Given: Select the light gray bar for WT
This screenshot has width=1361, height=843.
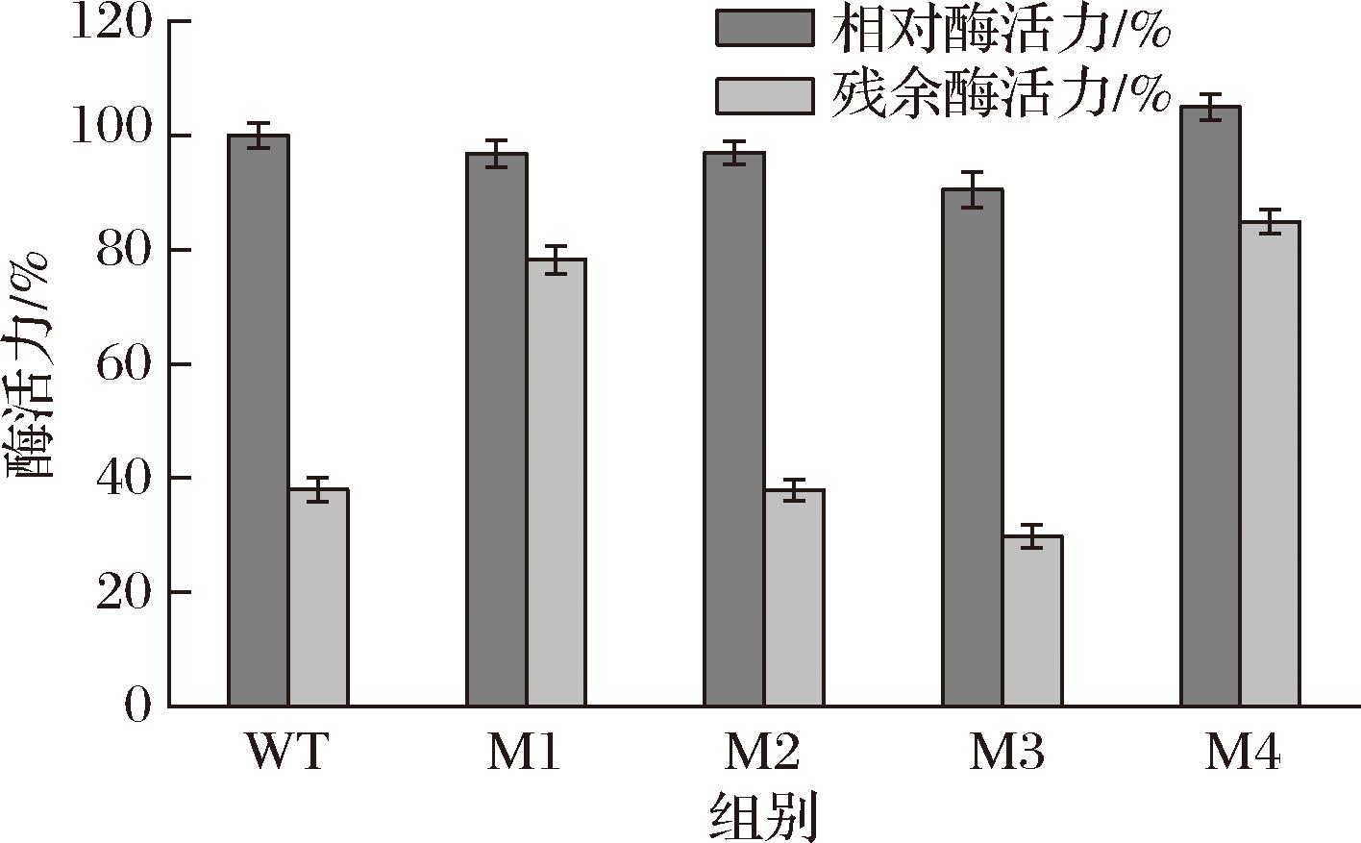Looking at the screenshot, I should pyautogui.click(x=318, y=597).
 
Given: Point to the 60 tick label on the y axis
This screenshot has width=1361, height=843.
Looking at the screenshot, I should pyautogui.click(x=124, y=364).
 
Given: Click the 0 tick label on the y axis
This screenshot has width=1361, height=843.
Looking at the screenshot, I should pyautogui.click(x=138, y=707).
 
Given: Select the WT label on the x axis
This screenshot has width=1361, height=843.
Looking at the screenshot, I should pyautogui.click(x=287, y=754).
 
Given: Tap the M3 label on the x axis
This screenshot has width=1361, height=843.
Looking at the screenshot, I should pyautogui.click(x=1005, y=754).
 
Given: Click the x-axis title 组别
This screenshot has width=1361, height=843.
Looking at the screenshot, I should pyautogui.click(x=764, y=816).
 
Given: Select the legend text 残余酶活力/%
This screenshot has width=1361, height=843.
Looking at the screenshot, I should pyautogui.click(x=1000, y=94).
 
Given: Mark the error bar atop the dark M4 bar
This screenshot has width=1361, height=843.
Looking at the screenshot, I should pyautogui.click(x=1210, y=107).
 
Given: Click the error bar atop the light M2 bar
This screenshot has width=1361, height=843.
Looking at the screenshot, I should pyautogui.click(x=794, y=490).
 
